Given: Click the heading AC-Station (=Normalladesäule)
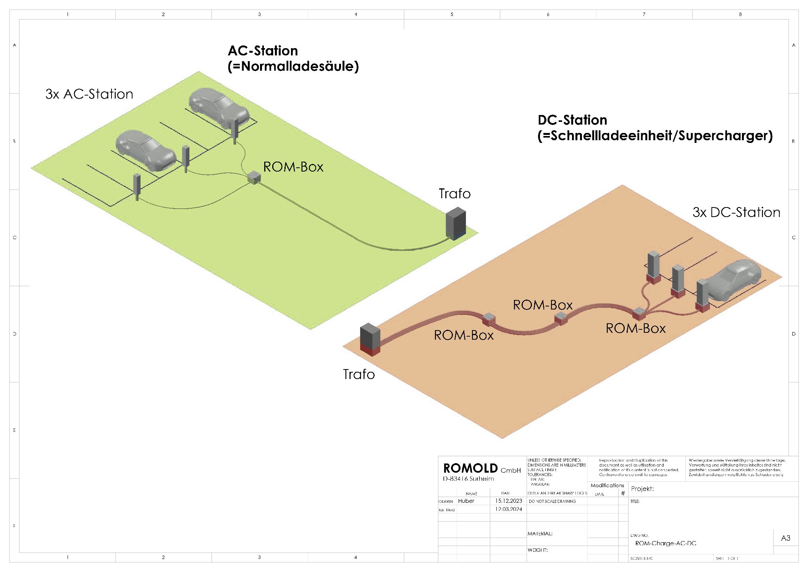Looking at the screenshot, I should click(x=293, y=58).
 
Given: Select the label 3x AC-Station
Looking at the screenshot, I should click(x=89, y=94).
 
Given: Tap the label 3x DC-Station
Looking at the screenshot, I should click(x=736, y=212).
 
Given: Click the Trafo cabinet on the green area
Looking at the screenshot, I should click(x=456, y=224).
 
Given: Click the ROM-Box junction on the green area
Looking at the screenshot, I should click(x=254, y=178).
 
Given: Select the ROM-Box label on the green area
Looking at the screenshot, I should click(x=293, y=167).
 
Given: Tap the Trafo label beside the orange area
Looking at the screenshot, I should click(x=359, y=374).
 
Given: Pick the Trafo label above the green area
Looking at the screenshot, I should click(x=454, y=194).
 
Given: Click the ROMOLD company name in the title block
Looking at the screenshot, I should click(x=470, y=468).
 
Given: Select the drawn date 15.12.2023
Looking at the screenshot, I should click(x=508, y=501).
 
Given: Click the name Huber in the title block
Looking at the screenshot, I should click(x=466, y=501).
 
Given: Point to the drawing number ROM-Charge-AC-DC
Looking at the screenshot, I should click(x=666, y=543).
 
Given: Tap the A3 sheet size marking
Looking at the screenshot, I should click(x=785, y=538).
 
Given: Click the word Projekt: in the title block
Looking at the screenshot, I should click(x=642, y=489).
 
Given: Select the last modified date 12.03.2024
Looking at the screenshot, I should click(x=508, y=509).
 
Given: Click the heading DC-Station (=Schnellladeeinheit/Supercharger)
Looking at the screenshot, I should click(x=654, y=128).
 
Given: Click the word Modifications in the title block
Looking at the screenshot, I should click(x=607, y=485).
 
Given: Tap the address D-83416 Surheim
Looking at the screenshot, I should click(x=468, y=479).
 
